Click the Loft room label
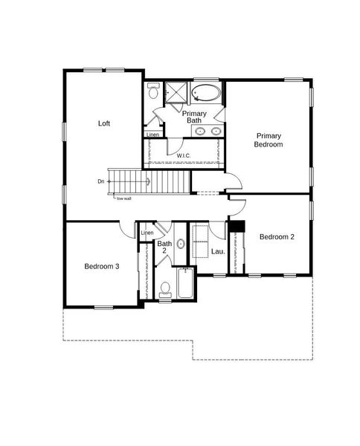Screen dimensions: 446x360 pyautogui.click(x=104, y=123)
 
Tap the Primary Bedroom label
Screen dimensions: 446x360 pyautogui.click(x=269, y=140)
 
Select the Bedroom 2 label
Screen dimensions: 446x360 pyautogui.click(x=277, y=237)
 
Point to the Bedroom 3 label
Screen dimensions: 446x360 pyautogui.click(x=101, y=267)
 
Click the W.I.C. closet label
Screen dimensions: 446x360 pyautogui.click(x=184, y=155)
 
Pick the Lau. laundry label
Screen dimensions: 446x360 pyautogui.click(x=218, y=252)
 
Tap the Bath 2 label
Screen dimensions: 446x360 pyautogui.click(x=165, y=247)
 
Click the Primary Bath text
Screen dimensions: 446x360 pyautogui.click(x=194, y=117)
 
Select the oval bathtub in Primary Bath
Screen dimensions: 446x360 pyautogui.click(x=206, y=94)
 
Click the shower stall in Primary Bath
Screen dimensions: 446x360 pyautogui.click(x=176, y=92)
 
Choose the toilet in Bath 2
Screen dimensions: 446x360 pyautogui.click(x=165, y=288)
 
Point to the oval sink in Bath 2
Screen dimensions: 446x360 pyautogui.click(x=181, y=244)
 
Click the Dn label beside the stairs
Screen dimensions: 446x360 pyautogui.click(x=100, y=181)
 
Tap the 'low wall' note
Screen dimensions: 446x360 pyautogui.click(x=123, y=198)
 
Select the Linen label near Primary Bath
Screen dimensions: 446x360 pyautogui.click(x=152, y=135)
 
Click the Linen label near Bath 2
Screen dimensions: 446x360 pyautogui.click(x=147, y=233)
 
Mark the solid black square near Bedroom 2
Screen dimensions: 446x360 pyautogui.click(x=237, y=227)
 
